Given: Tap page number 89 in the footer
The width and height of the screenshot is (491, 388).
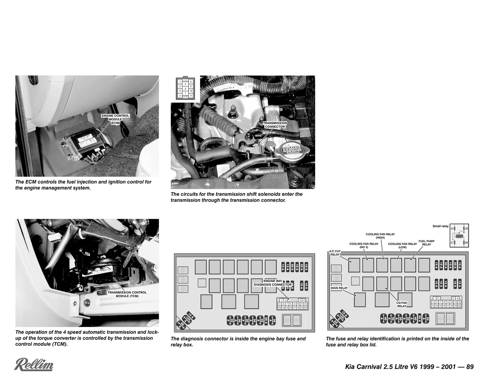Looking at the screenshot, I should coord(470,367).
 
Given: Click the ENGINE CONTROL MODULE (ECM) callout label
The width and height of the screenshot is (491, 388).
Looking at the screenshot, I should coord(115,119).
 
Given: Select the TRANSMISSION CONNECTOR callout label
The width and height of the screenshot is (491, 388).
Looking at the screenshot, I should coord(275,125).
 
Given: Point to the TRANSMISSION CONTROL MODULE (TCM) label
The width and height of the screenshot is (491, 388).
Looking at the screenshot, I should coord(127,294).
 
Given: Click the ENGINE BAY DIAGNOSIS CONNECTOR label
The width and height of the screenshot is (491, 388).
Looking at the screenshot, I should coord(273,283).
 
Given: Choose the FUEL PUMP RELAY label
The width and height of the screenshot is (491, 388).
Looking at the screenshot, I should coord(426,243).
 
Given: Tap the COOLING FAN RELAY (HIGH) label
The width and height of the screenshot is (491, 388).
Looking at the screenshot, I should coord(380,236).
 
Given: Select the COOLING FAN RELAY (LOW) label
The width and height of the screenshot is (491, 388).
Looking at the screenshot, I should coord(402,245).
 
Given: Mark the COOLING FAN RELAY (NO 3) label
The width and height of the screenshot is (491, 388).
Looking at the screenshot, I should coord(364,245).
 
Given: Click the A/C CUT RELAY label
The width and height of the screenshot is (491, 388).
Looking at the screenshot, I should coord(335,253).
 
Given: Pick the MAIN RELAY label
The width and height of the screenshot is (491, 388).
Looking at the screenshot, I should coord(339,288).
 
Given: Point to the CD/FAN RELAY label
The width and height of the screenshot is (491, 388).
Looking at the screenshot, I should coord(402,304).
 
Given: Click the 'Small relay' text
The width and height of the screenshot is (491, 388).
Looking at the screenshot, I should coord(440,226).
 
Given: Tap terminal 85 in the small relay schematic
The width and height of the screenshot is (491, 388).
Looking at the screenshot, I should coord(452,229).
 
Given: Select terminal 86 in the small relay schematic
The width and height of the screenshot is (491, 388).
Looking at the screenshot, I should coord(466,243).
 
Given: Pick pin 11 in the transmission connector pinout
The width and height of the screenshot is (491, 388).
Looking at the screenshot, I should coord(191,96).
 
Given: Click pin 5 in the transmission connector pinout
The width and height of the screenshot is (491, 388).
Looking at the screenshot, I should coord(185,84).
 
